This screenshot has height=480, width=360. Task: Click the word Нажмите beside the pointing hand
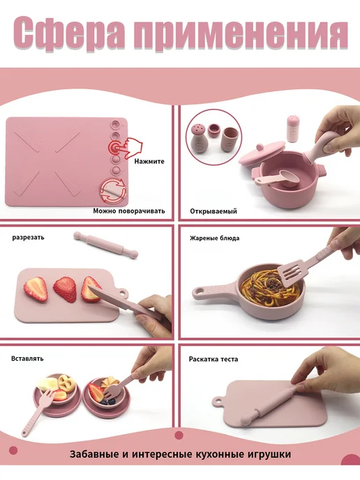[x=149, y=161]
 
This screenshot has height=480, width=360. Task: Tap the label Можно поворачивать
[x=129, y=211]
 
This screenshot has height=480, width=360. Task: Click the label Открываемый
[x=213, y=211]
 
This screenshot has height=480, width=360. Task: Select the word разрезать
[x=28, y=237]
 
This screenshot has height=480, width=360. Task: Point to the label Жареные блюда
[x=215, y=238]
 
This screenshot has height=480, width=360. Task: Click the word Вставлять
[x=27, y=359]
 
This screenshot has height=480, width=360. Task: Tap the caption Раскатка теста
[x=213, y=359]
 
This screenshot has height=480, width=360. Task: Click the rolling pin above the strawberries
[x=105, y=245]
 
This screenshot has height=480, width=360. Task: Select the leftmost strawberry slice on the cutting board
[x=36, y=290]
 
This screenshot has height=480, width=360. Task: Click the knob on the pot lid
[x=260, y=147]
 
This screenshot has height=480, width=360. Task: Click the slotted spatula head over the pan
[x=290, y=273]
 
